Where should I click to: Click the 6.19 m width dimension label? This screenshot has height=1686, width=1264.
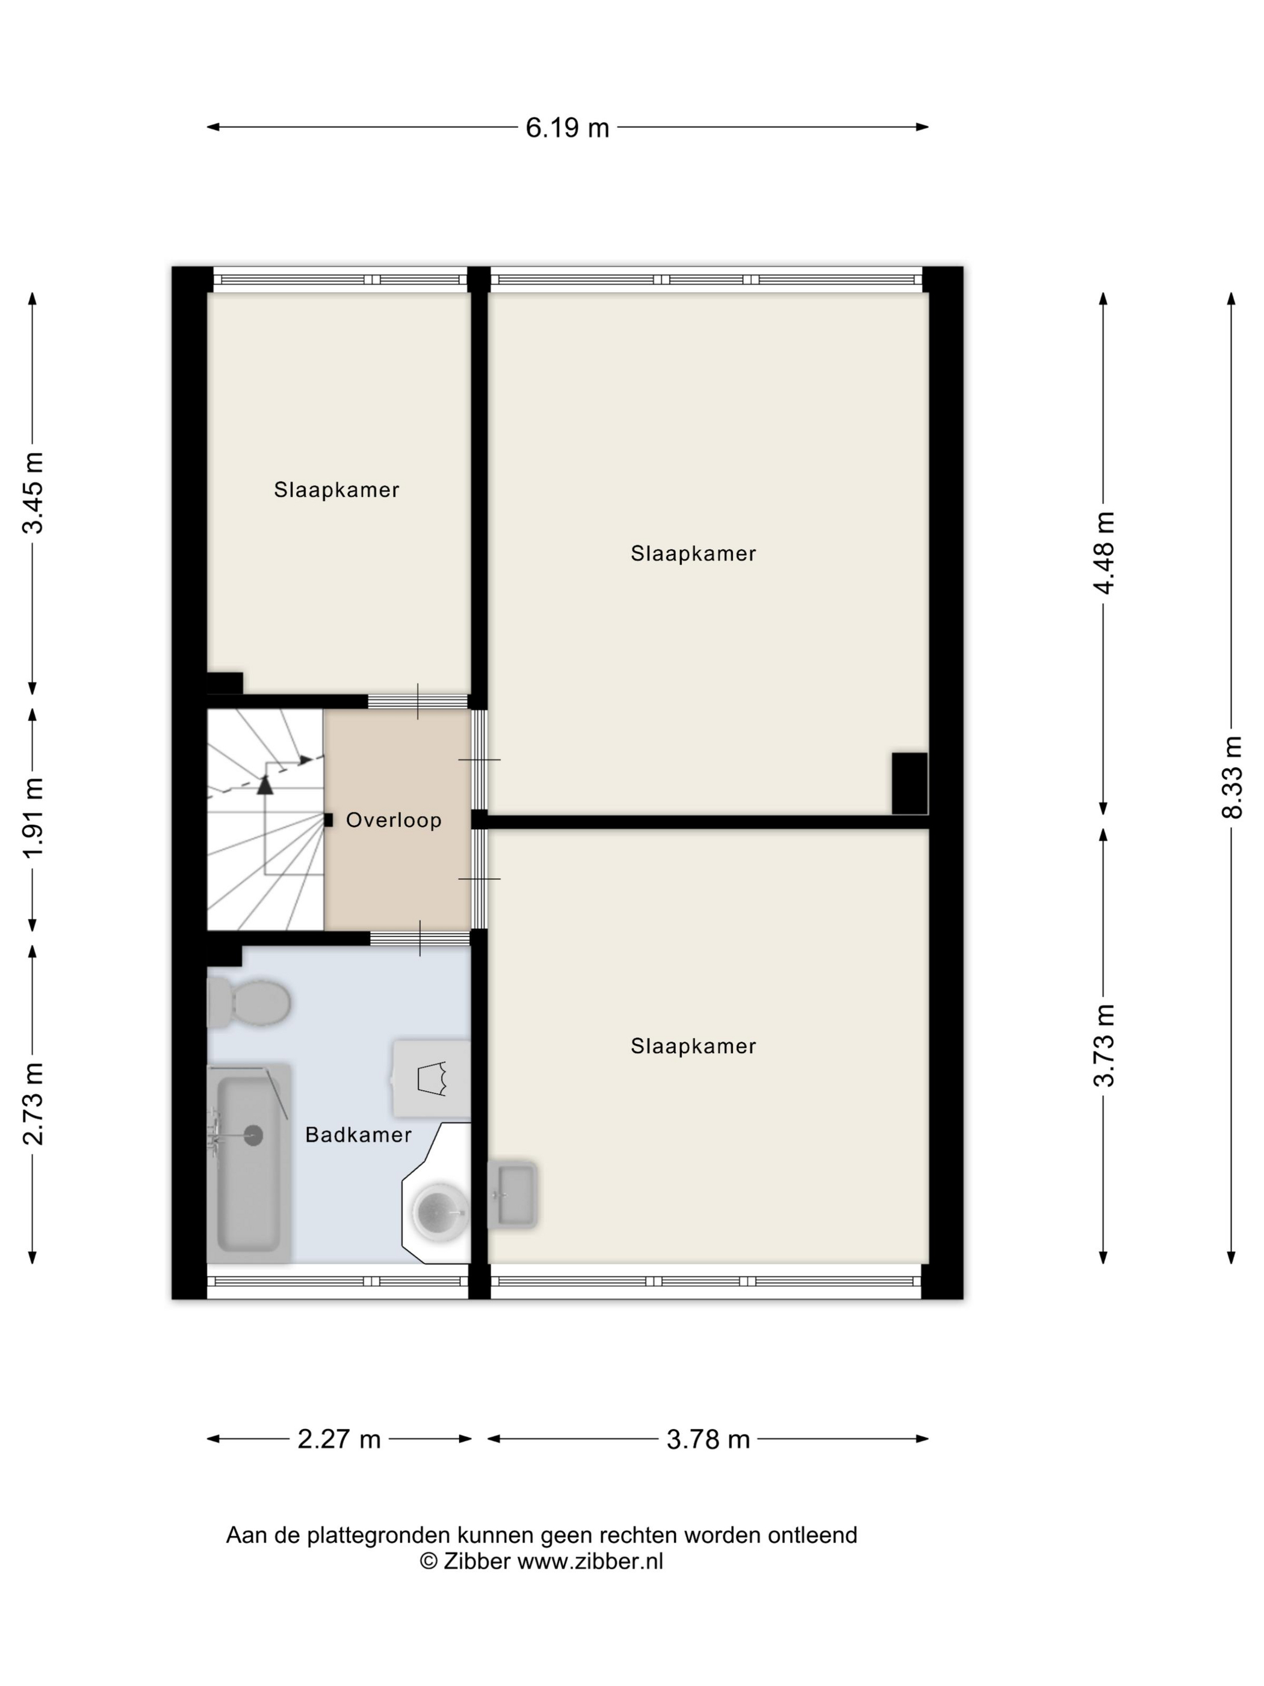pyautogui.click(x=567, y=127)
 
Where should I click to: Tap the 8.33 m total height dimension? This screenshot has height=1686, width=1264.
pyautogui.click(x=1231, y=777)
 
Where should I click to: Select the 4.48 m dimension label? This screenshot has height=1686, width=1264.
pyautogui.click(x=1103, y=553)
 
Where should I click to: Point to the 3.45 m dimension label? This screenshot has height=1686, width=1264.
pyautogui.click(x=33, y=493)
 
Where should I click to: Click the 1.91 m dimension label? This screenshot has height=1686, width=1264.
pyautogui.click(x=33, y=818)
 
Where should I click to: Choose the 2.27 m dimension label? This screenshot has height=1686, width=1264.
pyautogui.click(x=339, y=1439)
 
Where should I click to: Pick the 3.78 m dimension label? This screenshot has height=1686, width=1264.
pyautogui.click(x=708, y=1439)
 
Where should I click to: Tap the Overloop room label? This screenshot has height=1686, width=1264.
pyautogui.click(x=394, y=820)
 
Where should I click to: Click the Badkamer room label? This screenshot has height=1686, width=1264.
pyautogui.click(x=358, y=1135)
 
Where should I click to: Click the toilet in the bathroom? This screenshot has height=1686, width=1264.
pyautogui.click(x=249, y=1003)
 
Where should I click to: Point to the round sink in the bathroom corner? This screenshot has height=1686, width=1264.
pyautogui.click(x=441, y=1211)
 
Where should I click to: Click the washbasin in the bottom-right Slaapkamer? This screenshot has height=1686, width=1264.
pyautogui.click(x=513, y=1195)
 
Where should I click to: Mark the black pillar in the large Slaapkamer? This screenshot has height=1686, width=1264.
pyautogui.click(x=909, y=783)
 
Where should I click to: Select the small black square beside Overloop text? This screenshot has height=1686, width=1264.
pyautogui.click(x=329, y=820)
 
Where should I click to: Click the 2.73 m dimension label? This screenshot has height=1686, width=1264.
pyautogui.click(x=33, y=1103)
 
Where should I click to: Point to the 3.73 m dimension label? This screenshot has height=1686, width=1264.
pyautogui.click(x=1103, y=1044)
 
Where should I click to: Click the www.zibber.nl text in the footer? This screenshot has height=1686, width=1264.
pyautogui.click(x=590, y=1561)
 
